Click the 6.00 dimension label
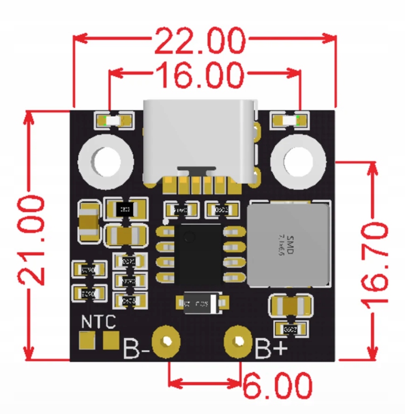point(277,386)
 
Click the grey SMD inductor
point(287,244)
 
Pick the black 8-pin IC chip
point(199,254)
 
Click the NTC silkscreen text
point(99,322)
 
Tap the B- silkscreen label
point(136,348)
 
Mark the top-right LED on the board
point(290,121)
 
